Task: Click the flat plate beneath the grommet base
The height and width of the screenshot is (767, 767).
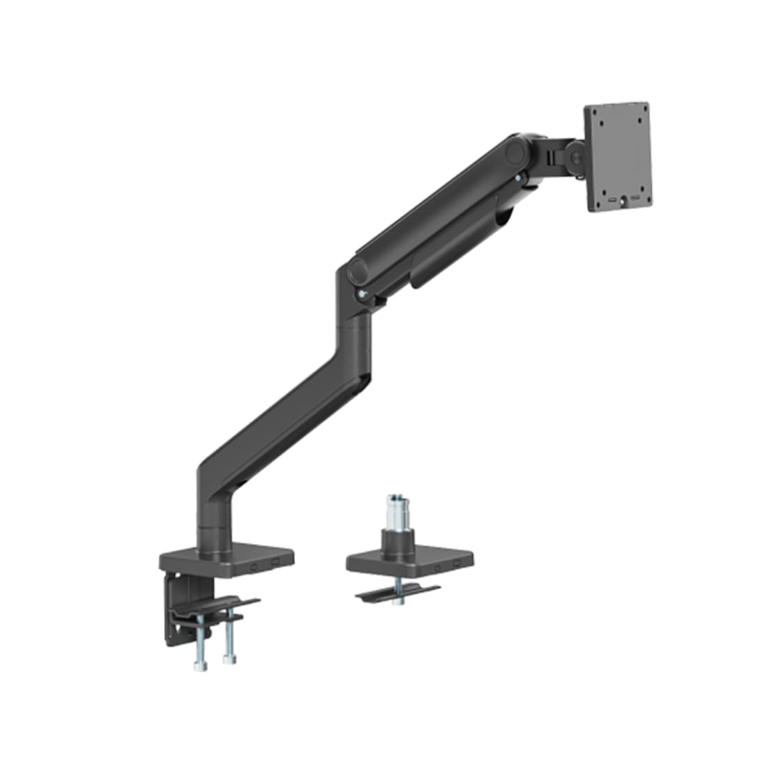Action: (x=397, y=594)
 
